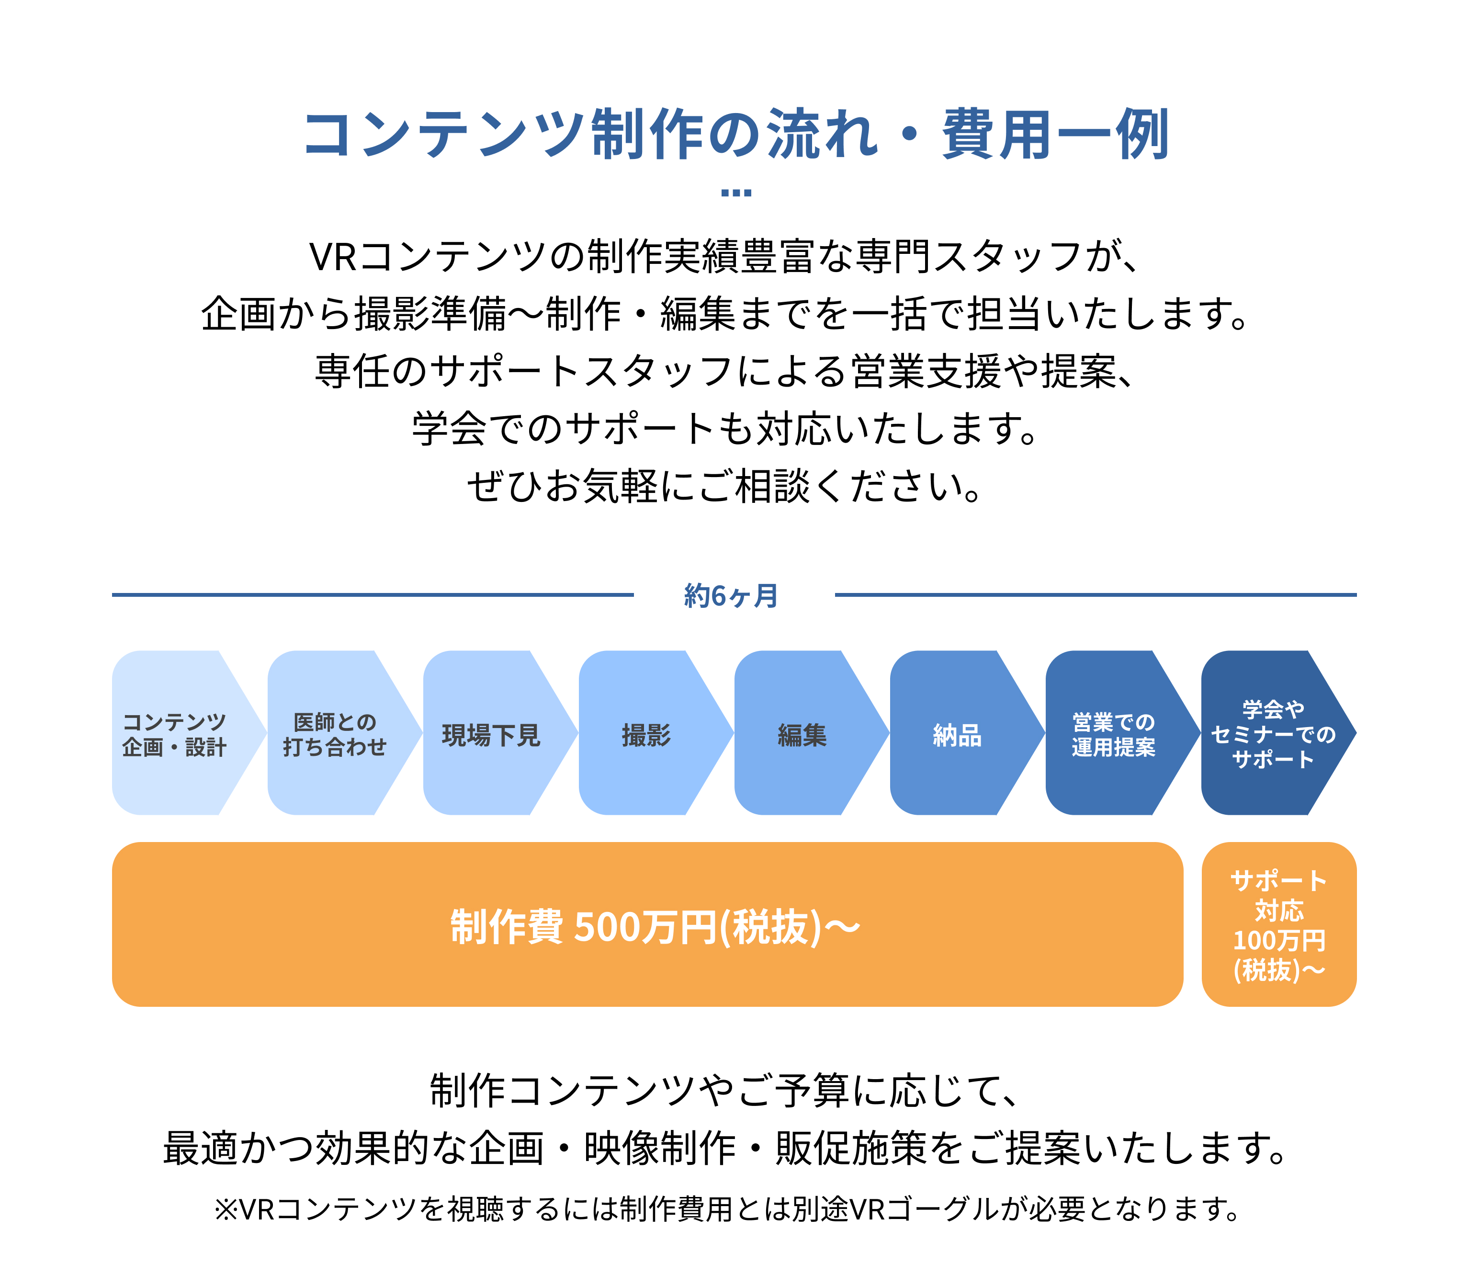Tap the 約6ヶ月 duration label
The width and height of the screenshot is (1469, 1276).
click(732, 595)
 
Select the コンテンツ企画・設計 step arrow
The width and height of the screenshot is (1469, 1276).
click(189, 733)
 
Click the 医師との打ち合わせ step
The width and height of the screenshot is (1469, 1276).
click(344, 733)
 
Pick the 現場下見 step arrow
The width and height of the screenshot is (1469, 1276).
click(500, 733)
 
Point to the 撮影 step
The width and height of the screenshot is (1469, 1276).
click(655, 733)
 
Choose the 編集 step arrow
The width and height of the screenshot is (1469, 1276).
click(812, 733)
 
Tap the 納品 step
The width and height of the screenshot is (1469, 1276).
click(967, 733)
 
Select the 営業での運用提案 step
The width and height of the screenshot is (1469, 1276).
click(1122, 733)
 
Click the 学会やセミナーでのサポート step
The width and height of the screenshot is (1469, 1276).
click(1278, 733)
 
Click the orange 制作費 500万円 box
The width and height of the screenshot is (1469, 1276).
click(648, 924)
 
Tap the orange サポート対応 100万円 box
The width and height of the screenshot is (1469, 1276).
click(1279, 924)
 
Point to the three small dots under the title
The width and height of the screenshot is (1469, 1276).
click(736, 192)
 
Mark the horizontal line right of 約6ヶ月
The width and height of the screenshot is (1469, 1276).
click(1096, 594)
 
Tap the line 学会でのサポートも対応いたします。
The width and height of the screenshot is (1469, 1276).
click(726, 429)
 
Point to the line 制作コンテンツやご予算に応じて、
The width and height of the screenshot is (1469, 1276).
click(726, 1090)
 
